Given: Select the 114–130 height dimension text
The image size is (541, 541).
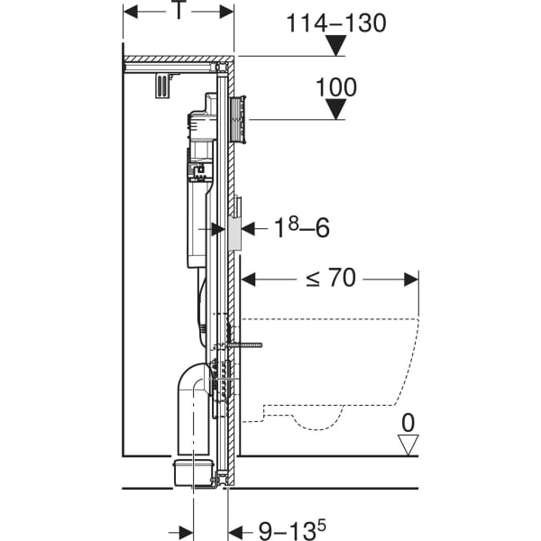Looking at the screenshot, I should (336, 23).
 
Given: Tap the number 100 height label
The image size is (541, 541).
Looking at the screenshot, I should (337, 87).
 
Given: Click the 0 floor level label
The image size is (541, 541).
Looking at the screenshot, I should (409, 423).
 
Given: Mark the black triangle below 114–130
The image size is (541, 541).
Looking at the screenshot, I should (336, 46).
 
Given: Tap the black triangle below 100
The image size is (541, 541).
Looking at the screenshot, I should (337, 110).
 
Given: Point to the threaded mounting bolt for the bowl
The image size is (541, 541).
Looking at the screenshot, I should (248, 344).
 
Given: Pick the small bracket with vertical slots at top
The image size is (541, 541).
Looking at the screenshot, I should (162, 85).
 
